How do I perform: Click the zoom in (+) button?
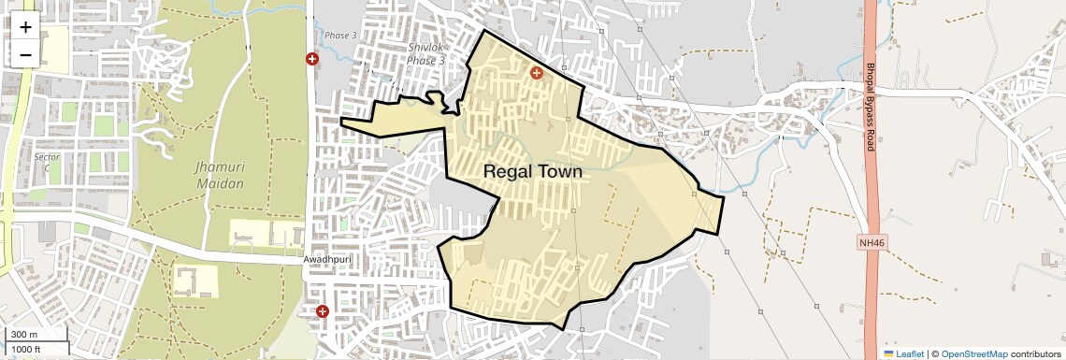[x=25, y=28]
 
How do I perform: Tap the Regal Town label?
[x=532, y=172]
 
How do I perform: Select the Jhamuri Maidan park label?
[x=220, y=175]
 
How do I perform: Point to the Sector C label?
[x=47, y=163]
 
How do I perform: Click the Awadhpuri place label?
[x=325, y=259]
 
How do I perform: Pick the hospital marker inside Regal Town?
[x=537, y=72]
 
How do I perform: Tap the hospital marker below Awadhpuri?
[x=323, y=310]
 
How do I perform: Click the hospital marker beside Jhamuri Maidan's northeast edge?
[x=312, y=59]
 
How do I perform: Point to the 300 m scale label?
[x=24, y=335]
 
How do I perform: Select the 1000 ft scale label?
[x=27, y=349]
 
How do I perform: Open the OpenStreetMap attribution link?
[x=973, y=354]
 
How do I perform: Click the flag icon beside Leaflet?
[x=888, y=354]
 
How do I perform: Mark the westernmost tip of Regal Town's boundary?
[x=339, y=122]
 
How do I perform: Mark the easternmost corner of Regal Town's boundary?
[x=724, y=196]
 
